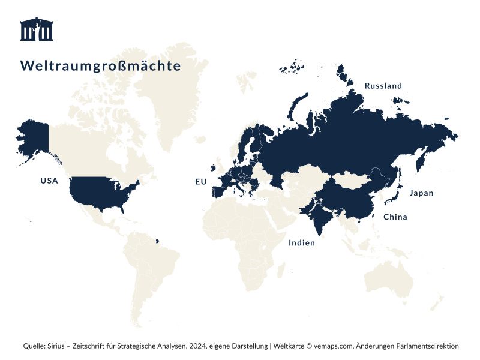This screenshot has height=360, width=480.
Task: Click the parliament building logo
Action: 37,29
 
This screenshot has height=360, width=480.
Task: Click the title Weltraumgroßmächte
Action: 100,65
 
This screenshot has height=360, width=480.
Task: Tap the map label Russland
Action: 383,86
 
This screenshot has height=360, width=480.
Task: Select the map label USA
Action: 49,180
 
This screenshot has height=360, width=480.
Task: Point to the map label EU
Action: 200,181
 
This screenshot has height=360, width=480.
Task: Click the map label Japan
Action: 421,193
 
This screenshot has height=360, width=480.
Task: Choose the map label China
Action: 395,217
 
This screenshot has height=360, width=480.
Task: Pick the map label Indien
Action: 301,243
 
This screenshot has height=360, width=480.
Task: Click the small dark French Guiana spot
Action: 158,242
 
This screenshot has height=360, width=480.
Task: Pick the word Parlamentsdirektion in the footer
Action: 425,346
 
